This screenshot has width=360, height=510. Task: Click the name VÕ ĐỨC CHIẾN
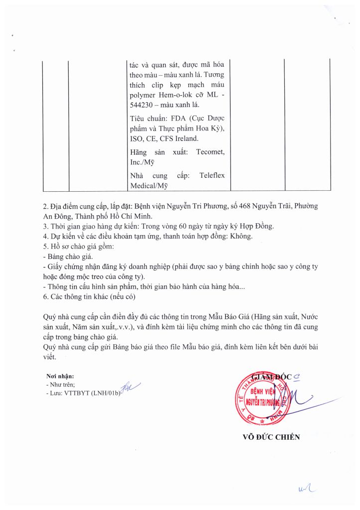click(x=271, y=437)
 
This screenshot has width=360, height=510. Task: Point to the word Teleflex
click(x=212, y=175)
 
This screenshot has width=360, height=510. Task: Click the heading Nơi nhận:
click(x=59, y=376)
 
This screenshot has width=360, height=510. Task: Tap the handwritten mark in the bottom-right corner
click(x=306, y=492)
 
